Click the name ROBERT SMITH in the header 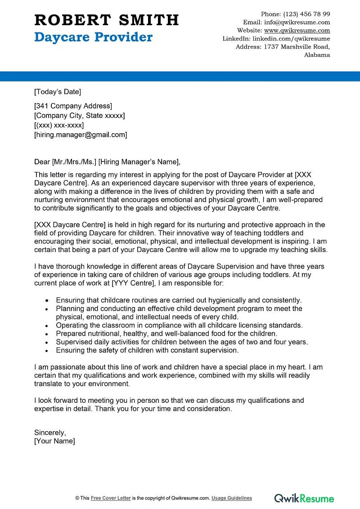(107, 20)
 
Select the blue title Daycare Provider (94, 37)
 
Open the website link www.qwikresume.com (297, 31)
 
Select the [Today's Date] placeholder (58, 92)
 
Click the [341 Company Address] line (73, 106)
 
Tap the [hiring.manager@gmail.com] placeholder (81, 135)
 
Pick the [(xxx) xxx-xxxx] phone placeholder (59, 125)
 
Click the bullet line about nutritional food (166, 333)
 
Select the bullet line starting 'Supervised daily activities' (182, 342)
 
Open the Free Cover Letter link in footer (111, 498)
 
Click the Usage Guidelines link (232, 498)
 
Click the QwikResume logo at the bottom (304, 498)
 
